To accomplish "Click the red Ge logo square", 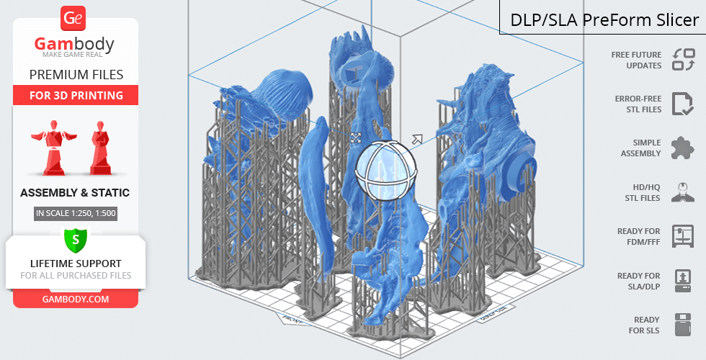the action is [x=73, y=19].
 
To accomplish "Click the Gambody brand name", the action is [x=74, y=44].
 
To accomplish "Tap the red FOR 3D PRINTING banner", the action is [x=76, y=95].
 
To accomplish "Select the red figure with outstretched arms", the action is [x=54, y=147].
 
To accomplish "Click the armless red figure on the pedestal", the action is [x=100, y=148].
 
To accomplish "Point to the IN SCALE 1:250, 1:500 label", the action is [x=76, y=213].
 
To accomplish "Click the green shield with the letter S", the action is [x=76, y=240].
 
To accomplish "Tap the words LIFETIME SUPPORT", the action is [x=76, y=264].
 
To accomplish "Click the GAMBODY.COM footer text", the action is [x=76, y=300].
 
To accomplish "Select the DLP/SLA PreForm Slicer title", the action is [x=604, y=20].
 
